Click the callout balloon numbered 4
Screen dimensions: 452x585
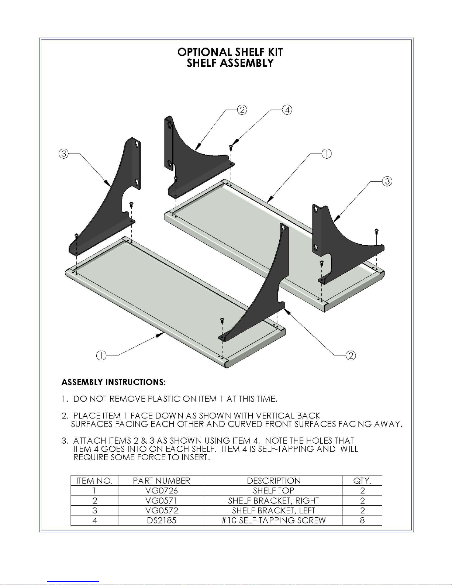point(287,110)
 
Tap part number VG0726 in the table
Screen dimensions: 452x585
point(162,491)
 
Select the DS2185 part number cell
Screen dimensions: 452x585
point(162,520)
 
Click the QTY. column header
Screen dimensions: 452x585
point(362,481)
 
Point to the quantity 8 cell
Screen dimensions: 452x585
point(362,520)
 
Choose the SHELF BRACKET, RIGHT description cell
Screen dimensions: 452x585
point(273,500)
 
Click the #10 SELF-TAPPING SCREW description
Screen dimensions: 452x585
point(273,520)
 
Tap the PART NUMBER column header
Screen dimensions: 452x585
point(162,481)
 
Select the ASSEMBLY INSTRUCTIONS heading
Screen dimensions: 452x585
point(114,382)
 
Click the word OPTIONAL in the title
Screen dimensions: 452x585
point(204,52)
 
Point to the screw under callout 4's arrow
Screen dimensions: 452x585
point(231,147)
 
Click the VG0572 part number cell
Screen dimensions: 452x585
point(162,510)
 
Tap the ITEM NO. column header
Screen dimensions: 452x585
point(94,481)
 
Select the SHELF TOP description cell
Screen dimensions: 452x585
point(273,491)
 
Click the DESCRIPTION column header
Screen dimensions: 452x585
point(273,481)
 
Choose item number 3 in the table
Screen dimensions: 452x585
point(94,510)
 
